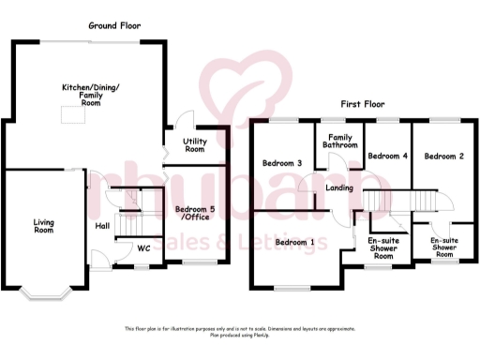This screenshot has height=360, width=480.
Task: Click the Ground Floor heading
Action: [x=114, y=26]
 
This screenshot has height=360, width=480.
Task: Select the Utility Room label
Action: [x=195, y=144]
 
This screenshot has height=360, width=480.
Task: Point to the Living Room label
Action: [x=44, y=225]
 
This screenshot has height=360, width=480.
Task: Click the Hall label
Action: [x=104, y=225]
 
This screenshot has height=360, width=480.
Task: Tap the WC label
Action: [x=143, y=248]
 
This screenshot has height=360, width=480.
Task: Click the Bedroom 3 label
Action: [x=281, y=163]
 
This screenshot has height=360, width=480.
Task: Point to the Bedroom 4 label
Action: [x=387, y=156]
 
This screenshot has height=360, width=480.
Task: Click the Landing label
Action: [x=338, y=188]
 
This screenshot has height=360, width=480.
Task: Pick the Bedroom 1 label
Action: [x=294, y=242]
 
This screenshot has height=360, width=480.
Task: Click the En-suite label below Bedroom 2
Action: [x=443, y=247]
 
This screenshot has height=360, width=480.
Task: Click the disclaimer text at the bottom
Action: [x=240, y=331]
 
